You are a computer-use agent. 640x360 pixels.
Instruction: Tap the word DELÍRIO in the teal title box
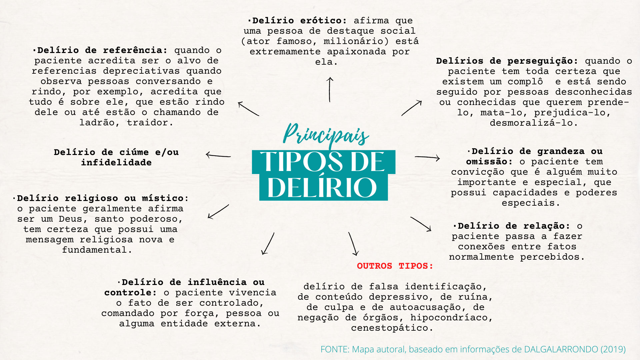(x=322, y=188)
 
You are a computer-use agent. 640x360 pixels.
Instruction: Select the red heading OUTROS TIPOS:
(x=395, y=266)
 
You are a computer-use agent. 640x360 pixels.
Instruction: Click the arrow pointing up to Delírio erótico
(x=330, y=89)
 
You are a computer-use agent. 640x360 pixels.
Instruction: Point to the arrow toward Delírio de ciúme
(x=218, y=155)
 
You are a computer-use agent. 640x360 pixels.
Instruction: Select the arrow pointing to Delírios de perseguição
(x=412, y=108)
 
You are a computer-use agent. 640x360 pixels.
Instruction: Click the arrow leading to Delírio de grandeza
(x=427, y=157)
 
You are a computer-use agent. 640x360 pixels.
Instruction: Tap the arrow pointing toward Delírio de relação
(x=421, y=224)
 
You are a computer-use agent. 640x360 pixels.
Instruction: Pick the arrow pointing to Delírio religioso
(x=218, y=212)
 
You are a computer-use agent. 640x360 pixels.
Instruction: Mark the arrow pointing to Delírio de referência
(x=248, y=109)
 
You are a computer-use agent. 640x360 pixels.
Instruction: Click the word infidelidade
(x=116, y=163)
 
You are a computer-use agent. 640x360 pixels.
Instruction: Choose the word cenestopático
(x=392, y=328)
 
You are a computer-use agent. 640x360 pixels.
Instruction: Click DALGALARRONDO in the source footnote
(x=561, y=349)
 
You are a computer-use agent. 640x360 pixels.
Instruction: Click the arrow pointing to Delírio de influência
(x=268, y=244)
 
